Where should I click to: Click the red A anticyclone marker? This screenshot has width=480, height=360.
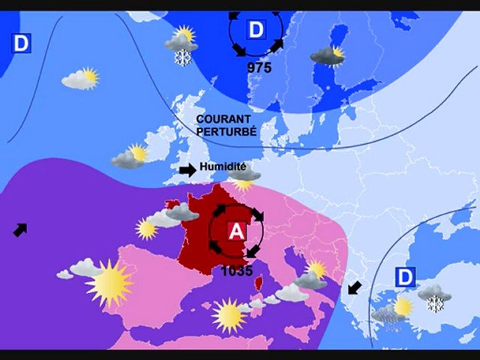pyautogui.click(x=236, y=231)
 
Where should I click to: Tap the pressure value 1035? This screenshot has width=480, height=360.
pyautogui.click(x=237, y=271)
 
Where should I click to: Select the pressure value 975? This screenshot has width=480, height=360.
pyautogui.click(x=259, y=68)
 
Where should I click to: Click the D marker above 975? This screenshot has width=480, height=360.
pyautogui.click(x=255, y=30)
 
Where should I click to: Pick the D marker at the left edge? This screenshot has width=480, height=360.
pyautogui.click(x=21, y=43)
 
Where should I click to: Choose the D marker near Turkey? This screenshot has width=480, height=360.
pyautogui.click(x=405, y=277)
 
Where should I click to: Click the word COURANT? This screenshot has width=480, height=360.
pyautogui.click(x=223, y=119)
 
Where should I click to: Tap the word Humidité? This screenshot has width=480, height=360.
pyautogui.click(x=223, y=167)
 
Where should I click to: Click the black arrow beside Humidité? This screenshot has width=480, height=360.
pyautogui.click(x=188, y=170)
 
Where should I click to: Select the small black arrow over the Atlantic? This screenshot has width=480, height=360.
pyautogui.click(x=20, y=230)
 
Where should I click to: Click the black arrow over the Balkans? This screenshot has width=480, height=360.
pyautogui.click(x=354, y=287)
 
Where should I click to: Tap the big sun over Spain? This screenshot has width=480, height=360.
pyautogui.click(x=109, y=283)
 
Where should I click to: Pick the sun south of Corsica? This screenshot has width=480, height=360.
pyautogui.click(x=229, y=315)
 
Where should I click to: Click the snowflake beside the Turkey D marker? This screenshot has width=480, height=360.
pyautogui.click(x=435, y=303)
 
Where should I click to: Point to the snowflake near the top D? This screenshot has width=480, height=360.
pyautogui.click(x=183, y=58)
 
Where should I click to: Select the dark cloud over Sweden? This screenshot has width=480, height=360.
pyautogui.click(x=326, y=56)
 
